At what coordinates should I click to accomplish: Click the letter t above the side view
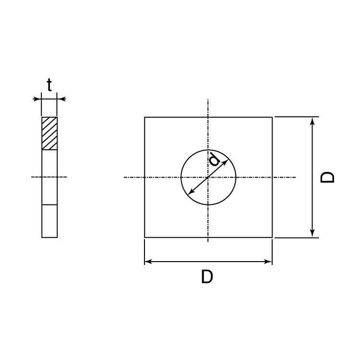(49, 85)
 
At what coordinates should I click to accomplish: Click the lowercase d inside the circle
(215, 160)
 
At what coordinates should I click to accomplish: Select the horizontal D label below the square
(207, 276)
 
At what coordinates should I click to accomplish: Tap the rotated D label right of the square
(327, 177)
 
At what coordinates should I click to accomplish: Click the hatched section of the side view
(49, 133)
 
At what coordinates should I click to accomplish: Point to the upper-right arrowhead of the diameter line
(226, 162)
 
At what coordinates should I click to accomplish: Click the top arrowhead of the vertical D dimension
(312, 120)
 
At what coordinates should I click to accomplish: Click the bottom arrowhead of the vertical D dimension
(312, 234)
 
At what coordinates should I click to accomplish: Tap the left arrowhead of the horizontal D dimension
(148, 262)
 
